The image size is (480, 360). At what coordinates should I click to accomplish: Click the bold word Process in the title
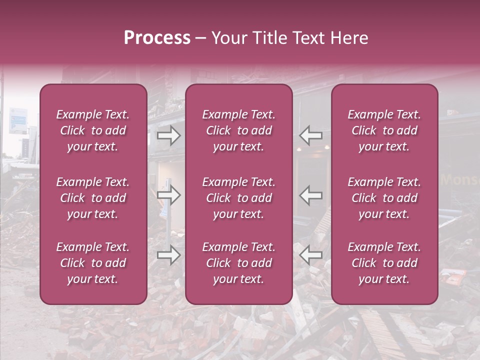coord(157,38)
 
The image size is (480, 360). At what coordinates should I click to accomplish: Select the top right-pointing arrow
coord(168,135)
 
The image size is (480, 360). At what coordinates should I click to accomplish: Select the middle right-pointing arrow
coord(168,195)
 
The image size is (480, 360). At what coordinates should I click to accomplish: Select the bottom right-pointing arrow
coord(168,255)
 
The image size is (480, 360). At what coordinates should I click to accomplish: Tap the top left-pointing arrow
coord(311,135)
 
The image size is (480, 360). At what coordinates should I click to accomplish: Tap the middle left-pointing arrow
coord(311,195)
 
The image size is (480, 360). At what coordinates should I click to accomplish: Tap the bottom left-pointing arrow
coord(311,255)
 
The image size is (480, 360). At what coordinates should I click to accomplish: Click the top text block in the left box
coord(93,130)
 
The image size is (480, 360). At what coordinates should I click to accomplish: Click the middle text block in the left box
coord(93,198)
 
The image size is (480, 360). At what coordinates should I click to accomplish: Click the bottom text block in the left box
coord(93,263)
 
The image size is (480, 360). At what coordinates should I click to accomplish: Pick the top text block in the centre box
coord(239,130)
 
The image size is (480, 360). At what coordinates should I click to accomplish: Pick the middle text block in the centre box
coord(239,198)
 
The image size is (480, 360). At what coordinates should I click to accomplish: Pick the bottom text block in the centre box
coord(239,263)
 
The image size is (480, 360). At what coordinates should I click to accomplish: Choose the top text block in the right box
coord(384,130)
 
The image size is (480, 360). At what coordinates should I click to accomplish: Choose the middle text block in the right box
coord(384,198)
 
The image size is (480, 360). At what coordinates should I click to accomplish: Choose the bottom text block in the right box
coord(384,263)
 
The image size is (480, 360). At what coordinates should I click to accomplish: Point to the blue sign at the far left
coord(17,120)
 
